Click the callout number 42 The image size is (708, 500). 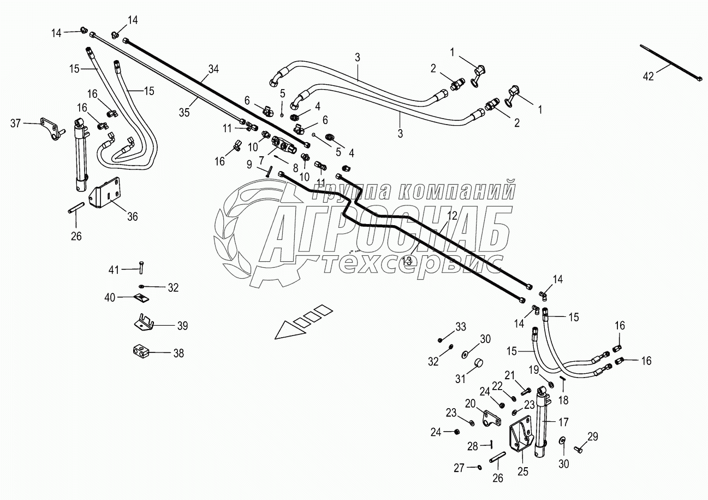(x=647, y=77)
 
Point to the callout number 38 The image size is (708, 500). (x=178, y=354)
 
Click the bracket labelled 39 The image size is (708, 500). (x=145, y=322)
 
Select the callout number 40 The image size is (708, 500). (x=110, y=297)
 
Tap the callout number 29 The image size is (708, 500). (x=592, y=436)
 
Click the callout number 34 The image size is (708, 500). (x=213, y=69)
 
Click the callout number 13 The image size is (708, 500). (x=407, y=261)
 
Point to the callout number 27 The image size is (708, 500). (x=459, y=467)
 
